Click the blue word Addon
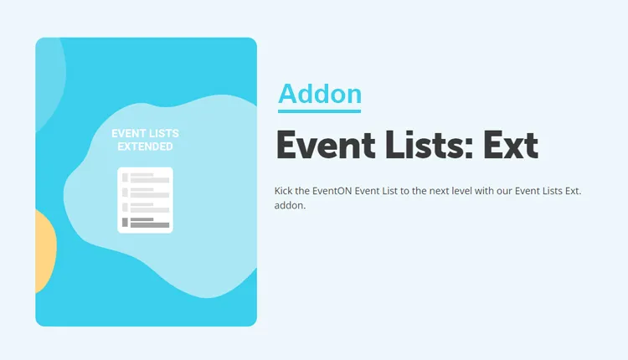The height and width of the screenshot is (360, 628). coord(320,94)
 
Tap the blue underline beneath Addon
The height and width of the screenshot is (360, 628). coord(320,111)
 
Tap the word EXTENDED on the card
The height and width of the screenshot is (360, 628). coord(145,147)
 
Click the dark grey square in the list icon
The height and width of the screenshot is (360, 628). coord(125,223)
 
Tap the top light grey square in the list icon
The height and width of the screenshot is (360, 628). coord(125,177)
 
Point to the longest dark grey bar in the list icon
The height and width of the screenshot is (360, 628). coord(150,225)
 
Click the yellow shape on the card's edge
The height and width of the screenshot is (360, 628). coord(44,251)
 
